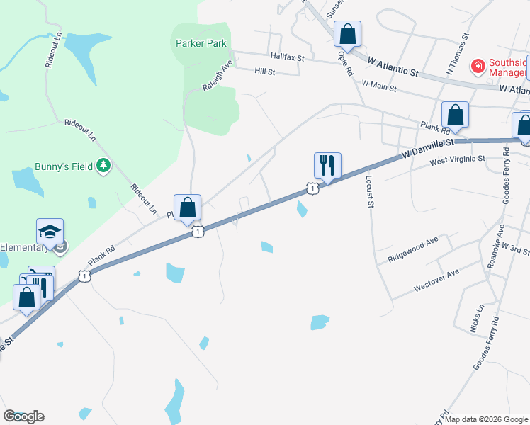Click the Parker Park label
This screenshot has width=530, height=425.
coord(201,43)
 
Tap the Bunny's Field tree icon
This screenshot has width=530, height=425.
coord(104,165)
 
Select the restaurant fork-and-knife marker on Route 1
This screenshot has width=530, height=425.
coord(327,166)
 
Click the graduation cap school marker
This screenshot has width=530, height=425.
coord(50,232)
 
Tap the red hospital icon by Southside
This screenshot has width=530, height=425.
coord(478,67)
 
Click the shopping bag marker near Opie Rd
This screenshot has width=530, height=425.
coord(347,34)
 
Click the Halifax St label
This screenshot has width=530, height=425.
coord(286,57)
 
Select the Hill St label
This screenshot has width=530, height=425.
coord(264,72)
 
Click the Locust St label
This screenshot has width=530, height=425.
coord(369,191)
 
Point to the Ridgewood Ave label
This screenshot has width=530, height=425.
coord(414,249)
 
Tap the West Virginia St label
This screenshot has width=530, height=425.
coord(458,161)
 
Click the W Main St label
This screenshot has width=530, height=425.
coord(378,87)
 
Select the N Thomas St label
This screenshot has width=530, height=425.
coord(457,52)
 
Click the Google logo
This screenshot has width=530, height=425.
coord(23,416)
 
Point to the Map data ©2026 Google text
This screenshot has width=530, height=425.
coord(485,419)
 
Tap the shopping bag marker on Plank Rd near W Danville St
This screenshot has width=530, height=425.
coord(455,115)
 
